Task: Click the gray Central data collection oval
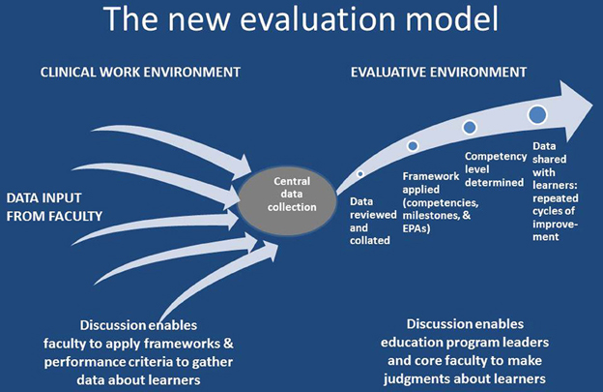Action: pos(287,200)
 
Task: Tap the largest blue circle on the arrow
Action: pos(537,114)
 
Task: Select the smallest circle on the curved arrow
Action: pos(359,173)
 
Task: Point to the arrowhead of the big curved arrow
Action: pos(576,110)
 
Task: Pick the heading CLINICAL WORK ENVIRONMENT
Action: pos(140,72)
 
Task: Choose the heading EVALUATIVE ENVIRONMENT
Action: pos(439,72)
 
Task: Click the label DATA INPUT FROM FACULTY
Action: pos(54,207)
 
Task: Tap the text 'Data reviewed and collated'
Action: pos(370,221)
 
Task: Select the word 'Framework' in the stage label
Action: pos(431,176)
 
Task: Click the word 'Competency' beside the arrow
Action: pos(496,157)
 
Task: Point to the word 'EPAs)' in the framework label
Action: pos(416,228)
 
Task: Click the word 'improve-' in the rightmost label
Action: pos(556,225)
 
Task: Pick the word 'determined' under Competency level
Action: pos(494,183)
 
